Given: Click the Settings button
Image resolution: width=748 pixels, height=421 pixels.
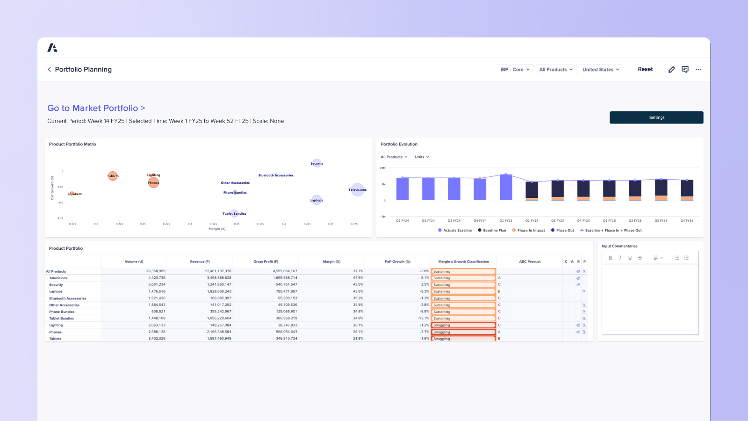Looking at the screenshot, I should click(656, 117).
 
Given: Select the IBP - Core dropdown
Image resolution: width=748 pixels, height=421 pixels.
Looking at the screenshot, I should click(515, 70).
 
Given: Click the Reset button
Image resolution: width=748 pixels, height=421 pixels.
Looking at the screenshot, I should click(645, 69).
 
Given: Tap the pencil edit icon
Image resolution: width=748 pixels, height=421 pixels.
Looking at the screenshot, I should click(671, 70).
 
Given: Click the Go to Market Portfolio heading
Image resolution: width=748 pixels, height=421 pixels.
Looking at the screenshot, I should click(96, 108).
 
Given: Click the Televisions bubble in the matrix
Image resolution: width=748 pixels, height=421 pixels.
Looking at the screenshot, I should click(357, 189).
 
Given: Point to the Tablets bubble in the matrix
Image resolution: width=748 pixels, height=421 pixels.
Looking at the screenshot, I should click(113, 176).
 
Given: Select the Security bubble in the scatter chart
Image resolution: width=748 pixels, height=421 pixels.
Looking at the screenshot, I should click(316, 163).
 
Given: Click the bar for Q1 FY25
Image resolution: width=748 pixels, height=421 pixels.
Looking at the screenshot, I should click(505, 188).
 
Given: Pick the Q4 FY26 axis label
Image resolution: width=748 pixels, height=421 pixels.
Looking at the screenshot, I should click(686, 220).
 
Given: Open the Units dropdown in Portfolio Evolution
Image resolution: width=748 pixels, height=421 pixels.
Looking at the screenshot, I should click(422, 157).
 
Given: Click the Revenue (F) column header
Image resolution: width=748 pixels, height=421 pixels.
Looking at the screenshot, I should click(200, 261).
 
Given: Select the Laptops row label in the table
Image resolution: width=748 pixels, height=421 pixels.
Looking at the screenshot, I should click(56, 291).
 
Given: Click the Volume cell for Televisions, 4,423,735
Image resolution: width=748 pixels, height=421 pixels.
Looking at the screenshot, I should click(157, 278).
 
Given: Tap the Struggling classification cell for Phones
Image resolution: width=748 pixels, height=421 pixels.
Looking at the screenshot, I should click(463, 332).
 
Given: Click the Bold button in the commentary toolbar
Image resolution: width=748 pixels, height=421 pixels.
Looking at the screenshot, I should click(610, 258).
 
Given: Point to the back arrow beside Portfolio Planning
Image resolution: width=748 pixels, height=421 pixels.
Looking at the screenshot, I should click(50, 69).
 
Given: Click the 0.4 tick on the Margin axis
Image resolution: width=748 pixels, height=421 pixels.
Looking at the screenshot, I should click(283, 224).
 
